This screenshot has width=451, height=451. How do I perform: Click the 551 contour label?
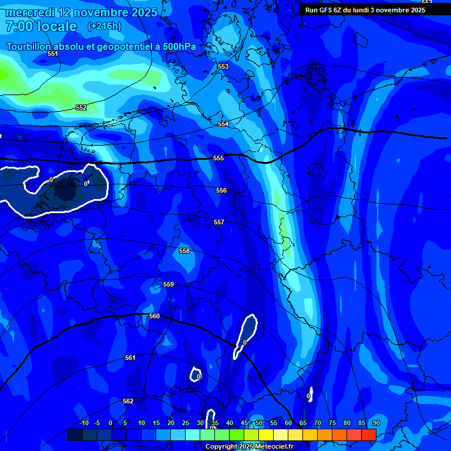[53, 53]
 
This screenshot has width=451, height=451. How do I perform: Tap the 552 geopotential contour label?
[81, 107]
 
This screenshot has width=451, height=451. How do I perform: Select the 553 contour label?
[223, 66]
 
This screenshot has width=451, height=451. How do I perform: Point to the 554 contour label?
[223, 124]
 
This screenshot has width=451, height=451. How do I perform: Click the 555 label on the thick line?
[218, 158]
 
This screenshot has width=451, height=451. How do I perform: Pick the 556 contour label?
[221, 190]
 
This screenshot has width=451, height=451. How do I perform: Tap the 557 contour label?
[219, 222]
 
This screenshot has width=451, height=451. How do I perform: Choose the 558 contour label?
[184, 251]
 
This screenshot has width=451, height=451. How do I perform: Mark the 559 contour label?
[169, 284]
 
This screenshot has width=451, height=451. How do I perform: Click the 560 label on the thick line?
[154, 316]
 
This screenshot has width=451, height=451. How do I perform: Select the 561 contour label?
[130, 358]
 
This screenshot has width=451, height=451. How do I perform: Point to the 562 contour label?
[128, 401]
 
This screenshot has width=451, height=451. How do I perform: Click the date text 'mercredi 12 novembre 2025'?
[81, 12]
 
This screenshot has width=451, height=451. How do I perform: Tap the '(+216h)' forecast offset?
[105, 26]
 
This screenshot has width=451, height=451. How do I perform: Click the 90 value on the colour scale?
[376, 423]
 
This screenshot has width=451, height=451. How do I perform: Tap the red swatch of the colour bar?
[368, 435]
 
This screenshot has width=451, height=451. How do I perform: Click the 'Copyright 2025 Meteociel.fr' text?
[248, 446]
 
